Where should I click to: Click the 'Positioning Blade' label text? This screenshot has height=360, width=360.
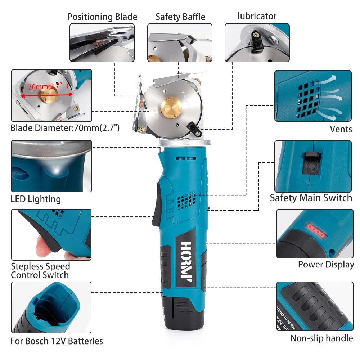click(x=102, y=17)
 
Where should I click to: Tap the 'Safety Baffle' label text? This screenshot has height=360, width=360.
click(x=180, y=17)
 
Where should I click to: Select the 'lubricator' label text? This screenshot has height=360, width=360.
click(x=257, y=16)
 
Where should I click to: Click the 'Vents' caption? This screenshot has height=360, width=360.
click(x=341, y=129)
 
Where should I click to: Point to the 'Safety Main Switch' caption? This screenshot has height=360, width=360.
click(x=311, y=198)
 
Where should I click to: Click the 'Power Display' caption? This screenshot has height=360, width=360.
click(x=326, y=265)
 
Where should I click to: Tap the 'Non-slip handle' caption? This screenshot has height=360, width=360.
click(x=321, y=338)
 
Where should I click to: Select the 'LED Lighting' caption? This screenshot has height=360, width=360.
click(x=36, y=199)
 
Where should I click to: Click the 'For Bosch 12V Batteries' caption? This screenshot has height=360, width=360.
click(x=57, y=341)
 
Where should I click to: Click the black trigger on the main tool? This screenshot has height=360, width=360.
click(x=156, y=203)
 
